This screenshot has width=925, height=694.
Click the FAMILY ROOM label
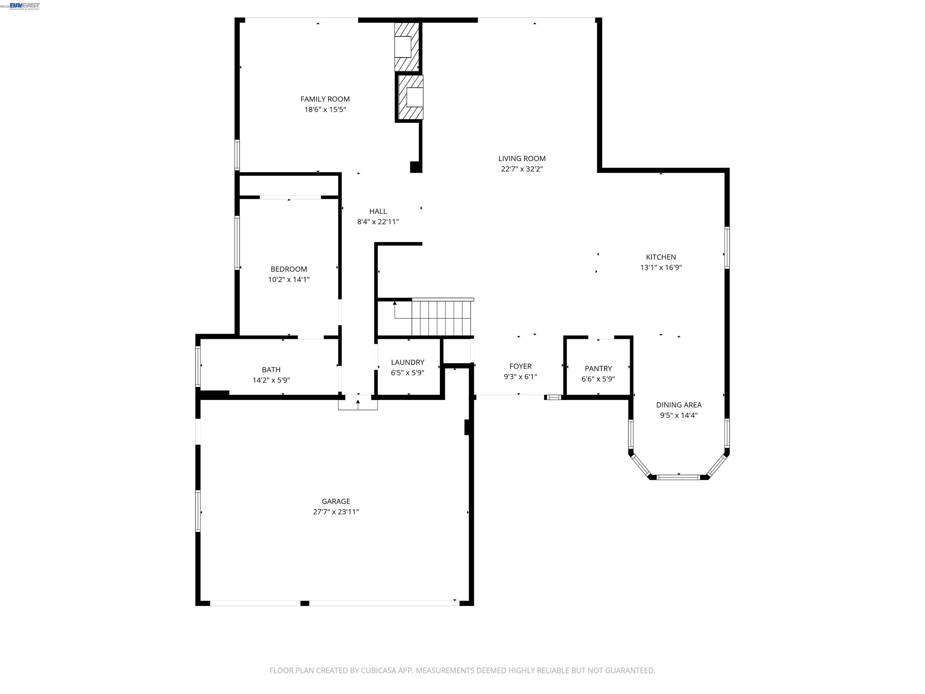click(x=325, y=99)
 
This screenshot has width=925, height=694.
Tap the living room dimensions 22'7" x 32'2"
click(x=522, y=169)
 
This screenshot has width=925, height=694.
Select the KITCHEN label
click(x=660, y=257)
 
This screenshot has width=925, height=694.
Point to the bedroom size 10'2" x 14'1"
click(x=288, y=280)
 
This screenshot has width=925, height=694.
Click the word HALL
click(x=378, y=211)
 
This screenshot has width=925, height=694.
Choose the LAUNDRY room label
click(x=407, y=362)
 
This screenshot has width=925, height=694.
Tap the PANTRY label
click(x=598, y=369)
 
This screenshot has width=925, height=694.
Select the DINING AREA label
click(x=678, y=405)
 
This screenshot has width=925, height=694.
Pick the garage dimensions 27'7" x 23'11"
click(x=336, y=511)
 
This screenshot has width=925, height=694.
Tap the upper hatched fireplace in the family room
click(x=406, y=46)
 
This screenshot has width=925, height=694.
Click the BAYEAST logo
click(x=25, y=5)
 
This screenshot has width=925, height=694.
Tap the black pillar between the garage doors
click(x=304, y=603)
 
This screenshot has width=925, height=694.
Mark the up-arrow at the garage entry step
click(x=358, y=402)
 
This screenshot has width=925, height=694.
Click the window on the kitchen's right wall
click(x=727, y=248)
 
